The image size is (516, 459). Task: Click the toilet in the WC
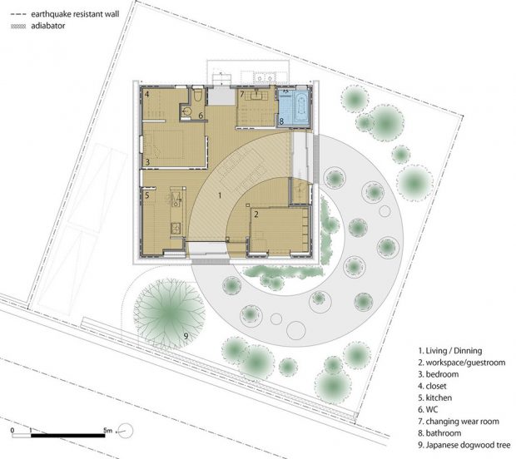198,95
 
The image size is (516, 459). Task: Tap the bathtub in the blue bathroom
300,107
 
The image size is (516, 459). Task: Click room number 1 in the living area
220,195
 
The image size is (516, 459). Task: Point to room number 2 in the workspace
256,215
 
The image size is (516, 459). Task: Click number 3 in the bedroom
148,162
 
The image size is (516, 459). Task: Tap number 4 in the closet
146,94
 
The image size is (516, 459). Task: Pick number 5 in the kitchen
147,195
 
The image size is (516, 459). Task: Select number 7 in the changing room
242,94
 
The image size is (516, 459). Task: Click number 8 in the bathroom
281,121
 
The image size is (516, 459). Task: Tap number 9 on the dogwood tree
186,336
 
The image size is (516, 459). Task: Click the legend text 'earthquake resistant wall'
75,14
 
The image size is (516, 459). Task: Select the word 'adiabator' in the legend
48,26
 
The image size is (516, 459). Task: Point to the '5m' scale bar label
107,430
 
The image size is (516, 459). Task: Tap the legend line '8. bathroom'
439,433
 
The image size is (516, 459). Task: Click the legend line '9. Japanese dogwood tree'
464,445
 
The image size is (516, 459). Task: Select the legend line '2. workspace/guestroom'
462,363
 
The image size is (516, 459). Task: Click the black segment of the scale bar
68,436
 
